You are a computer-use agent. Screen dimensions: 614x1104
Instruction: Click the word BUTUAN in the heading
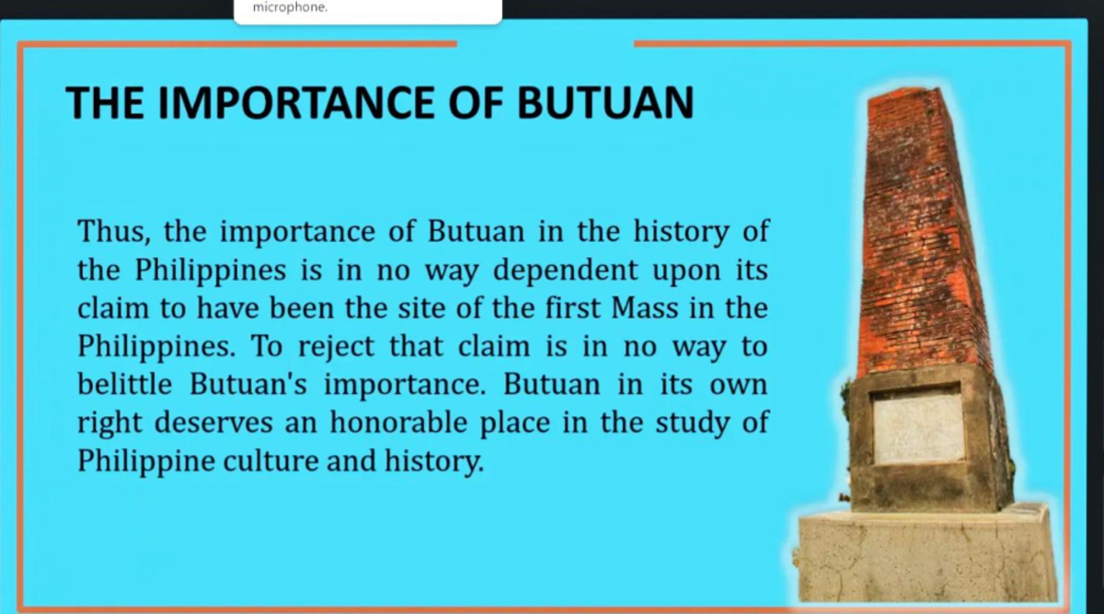click(x=604, y=102)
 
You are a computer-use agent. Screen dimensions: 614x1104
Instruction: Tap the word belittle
click(x=124, y=385)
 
